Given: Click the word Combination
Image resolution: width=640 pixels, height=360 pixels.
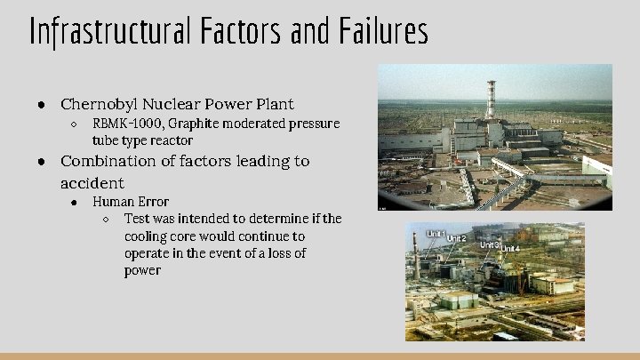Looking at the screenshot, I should pyautogui.click(x=111, y=161).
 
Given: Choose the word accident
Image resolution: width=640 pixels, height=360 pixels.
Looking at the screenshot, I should pyautogui.click(x=92, y=182).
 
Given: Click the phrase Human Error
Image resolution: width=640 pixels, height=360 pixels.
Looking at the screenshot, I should pyautogui.click(x=130, y=202).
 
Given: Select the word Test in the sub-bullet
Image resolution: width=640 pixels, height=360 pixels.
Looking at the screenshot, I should pyautogui.click(x=138, y=219).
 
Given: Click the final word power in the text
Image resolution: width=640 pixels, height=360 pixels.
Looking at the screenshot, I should pyautogui.click(x=142, y=270).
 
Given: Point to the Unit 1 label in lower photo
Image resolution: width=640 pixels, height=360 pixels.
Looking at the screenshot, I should pyautogui.click(x=436, y=235).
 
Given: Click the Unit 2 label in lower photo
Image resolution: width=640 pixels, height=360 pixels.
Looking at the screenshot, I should pyautogui.click(x=456, y=238).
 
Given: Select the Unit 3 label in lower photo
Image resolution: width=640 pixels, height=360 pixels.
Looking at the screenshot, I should pyautogui.click(x=490, y=244).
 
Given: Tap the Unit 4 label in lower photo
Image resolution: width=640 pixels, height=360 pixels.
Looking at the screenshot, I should pyautogui.click(x=509, y=248).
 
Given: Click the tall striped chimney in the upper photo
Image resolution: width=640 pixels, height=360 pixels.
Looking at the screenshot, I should pyautogui.click(x=490, y=100).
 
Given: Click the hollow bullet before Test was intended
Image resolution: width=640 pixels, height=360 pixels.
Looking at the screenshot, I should pyautogui.click(x=106, y=220).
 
